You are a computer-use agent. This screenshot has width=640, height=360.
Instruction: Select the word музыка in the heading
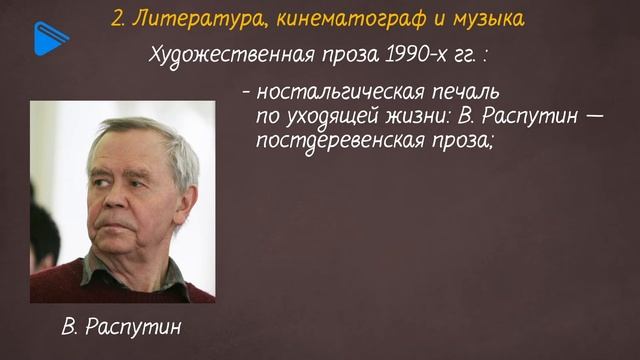485,19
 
